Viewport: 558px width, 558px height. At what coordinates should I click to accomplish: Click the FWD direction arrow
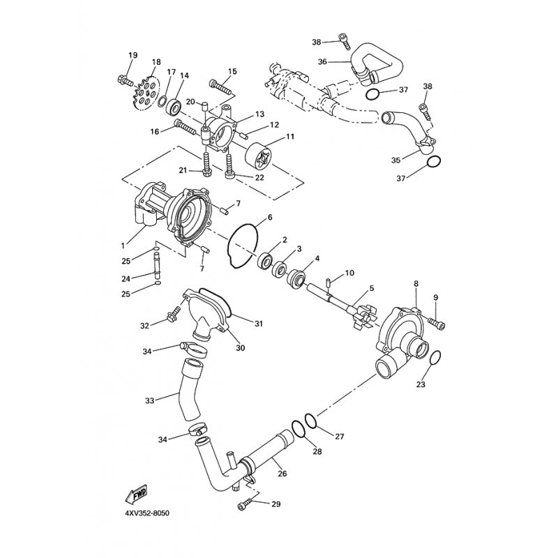[136, 495]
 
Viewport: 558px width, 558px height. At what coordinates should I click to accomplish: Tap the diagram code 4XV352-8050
[147, 513]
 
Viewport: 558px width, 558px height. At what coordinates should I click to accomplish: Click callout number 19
[133, 55]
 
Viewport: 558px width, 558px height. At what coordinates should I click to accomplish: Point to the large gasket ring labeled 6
[242, 246]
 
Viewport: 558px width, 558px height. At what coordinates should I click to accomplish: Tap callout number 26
[282, 474]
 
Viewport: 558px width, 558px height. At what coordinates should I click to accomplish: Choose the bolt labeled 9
[437, 322]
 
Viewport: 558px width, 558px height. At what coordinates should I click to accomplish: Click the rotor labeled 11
[257, 156]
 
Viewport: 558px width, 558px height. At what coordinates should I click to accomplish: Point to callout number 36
[322, 62]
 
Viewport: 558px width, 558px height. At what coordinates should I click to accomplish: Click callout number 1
[123, 246]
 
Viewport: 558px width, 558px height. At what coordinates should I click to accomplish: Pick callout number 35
[396, 160]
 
